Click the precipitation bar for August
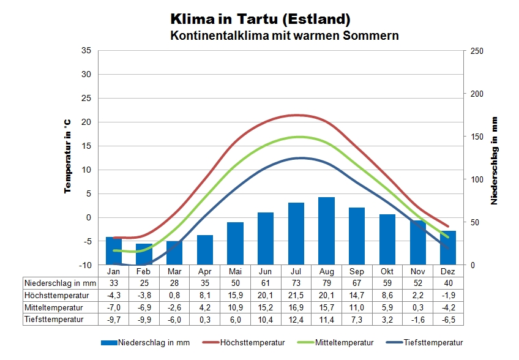coord(326,231)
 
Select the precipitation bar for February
coord(144,254)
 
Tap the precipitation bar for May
coord(235,243)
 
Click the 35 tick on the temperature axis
coord(86,51)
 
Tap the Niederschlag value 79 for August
coord(326,283)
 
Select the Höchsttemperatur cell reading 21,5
coord(296,295)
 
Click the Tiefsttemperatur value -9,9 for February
coord(144,319)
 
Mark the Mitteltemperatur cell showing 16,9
coord(296,307)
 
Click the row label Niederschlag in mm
coord(61,283)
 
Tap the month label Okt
coord(387,271)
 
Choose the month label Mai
coord(235,271)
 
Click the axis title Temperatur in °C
coord(68,157)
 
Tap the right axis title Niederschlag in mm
coord(493,160)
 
